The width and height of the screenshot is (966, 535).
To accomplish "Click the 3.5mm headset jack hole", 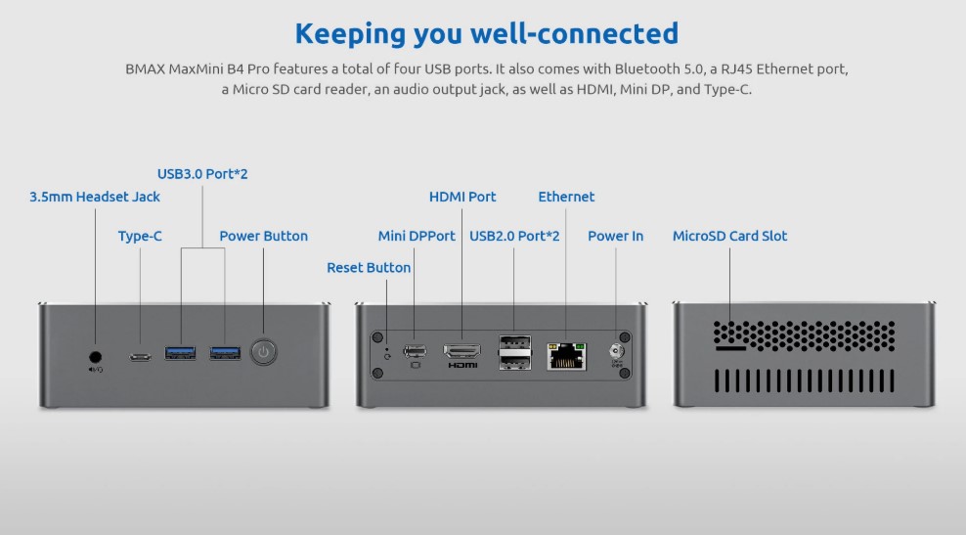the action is [96, 357].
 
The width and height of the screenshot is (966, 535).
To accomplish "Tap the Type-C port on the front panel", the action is [140, 357].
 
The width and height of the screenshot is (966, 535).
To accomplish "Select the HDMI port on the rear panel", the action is [462, 351].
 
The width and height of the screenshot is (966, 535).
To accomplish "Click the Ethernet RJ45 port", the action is [566, 356].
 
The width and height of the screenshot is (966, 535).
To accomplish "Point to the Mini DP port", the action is [415, 351].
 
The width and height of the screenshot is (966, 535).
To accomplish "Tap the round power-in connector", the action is [615, 351].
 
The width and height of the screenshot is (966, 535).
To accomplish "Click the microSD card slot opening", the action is [730, 349].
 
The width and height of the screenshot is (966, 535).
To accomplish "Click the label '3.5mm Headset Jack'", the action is [95, 197].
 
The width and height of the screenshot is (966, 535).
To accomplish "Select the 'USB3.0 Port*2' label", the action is [202, 174].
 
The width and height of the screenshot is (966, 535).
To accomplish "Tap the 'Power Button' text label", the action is [264, 236].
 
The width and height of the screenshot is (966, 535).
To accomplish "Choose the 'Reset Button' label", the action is [369, 268].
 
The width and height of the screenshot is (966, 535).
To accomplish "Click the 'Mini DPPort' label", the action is [417, 236].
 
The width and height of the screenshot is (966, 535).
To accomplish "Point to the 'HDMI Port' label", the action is [462, 197].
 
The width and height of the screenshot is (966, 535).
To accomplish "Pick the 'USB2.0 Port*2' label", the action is [514, 236].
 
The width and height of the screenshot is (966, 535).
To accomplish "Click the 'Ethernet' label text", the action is [566, 197].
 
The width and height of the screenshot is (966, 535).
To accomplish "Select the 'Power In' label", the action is [615, 236].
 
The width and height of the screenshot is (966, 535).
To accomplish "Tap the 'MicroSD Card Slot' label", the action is [730, 236].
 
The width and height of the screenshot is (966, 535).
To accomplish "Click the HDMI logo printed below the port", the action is [462, 366].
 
